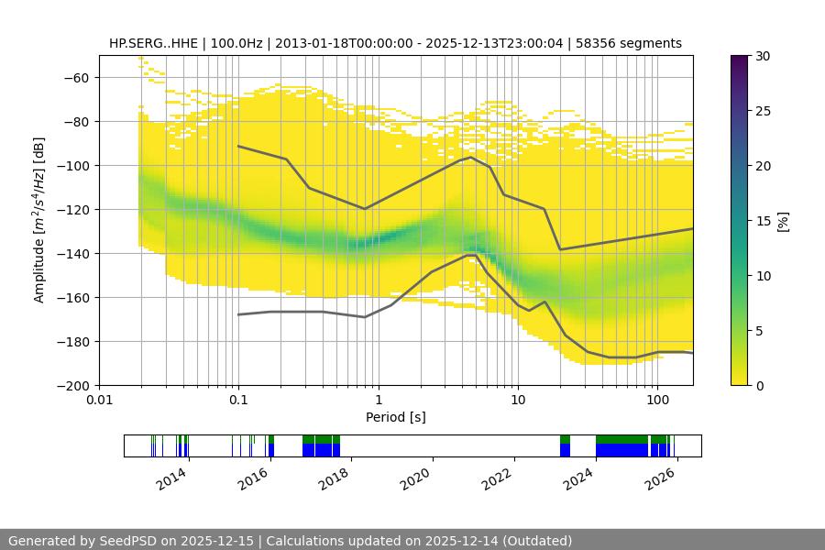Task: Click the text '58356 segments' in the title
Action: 635,43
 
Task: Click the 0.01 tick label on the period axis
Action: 99,401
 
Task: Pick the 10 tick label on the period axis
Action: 517,401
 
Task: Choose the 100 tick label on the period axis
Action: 656,401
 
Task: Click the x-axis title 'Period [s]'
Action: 395,417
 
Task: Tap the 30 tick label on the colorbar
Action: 764,56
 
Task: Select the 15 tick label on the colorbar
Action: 764,221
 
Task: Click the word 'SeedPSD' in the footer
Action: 127,541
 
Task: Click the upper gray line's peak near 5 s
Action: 471,157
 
